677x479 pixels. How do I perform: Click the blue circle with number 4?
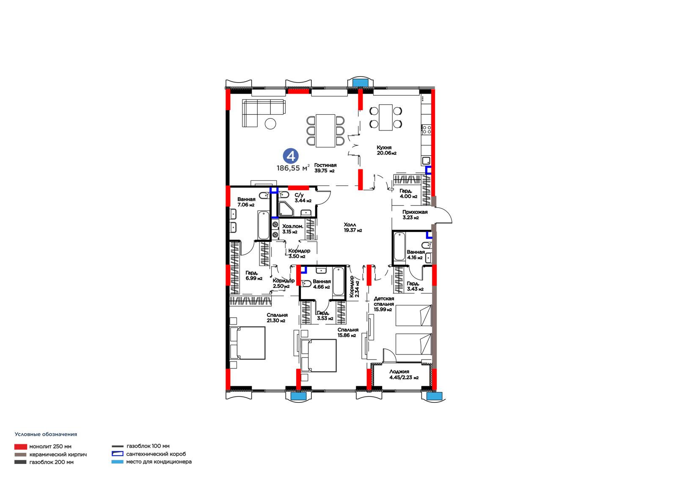pos(291,156)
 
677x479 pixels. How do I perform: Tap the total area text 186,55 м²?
pos(293,168)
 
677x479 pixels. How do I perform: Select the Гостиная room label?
pos(325,165)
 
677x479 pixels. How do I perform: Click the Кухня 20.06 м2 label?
pos(386,150)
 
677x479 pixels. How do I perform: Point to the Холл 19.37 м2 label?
pos(353,227)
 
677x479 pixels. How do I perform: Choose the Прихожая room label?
pos(415,212)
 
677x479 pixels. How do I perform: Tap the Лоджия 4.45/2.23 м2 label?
pos(404,374)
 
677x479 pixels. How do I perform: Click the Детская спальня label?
pos(384,302)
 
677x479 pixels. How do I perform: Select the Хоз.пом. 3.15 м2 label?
pos(292,229)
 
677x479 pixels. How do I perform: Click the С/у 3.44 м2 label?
pos(303,198)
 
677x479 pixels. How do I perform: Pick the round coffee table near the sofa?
pos(270,124)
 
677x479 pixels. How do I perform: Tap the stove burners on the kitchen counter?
pos(427,130)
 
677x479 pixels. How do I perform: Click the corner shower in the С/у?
pos(286,209)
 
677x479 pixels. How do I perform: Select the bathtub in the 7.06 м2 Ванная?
pos(263,225)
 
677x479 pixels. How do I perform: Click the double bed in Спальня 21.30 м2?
pos(247,343)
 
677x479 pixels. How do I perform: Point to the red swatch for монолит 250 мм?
pos(21,447)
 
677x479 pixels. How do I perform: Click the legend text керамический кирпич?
pos(58,454)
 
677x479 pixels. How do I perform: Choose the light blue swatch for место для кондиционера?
pos(117,462)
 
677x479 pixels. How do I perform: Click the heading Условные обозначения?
pos(46,434)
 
